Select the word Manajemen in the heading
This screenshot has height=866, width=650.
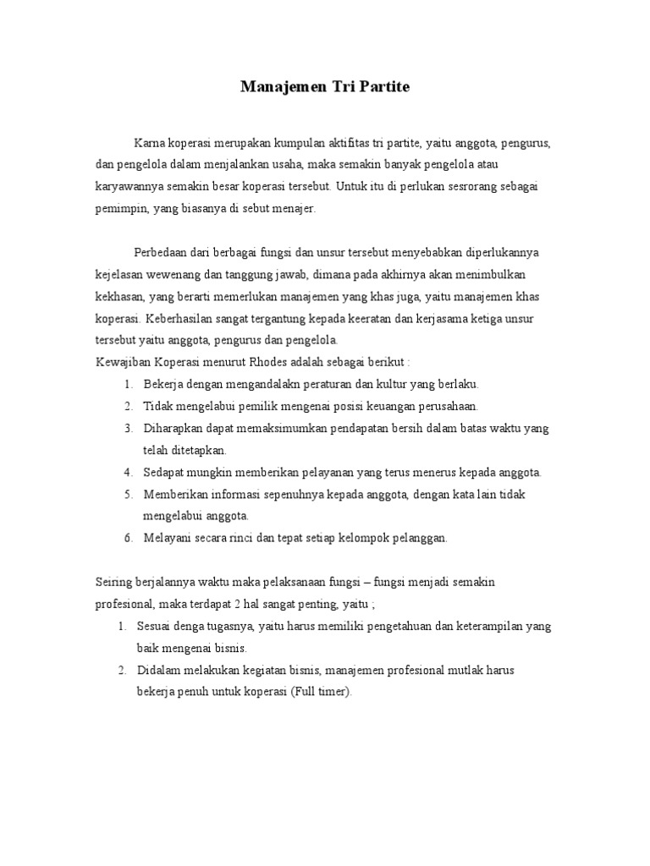[x=279, y=87]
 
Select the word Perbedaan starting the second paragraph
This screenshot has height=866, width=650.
[x=162, y=253]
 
